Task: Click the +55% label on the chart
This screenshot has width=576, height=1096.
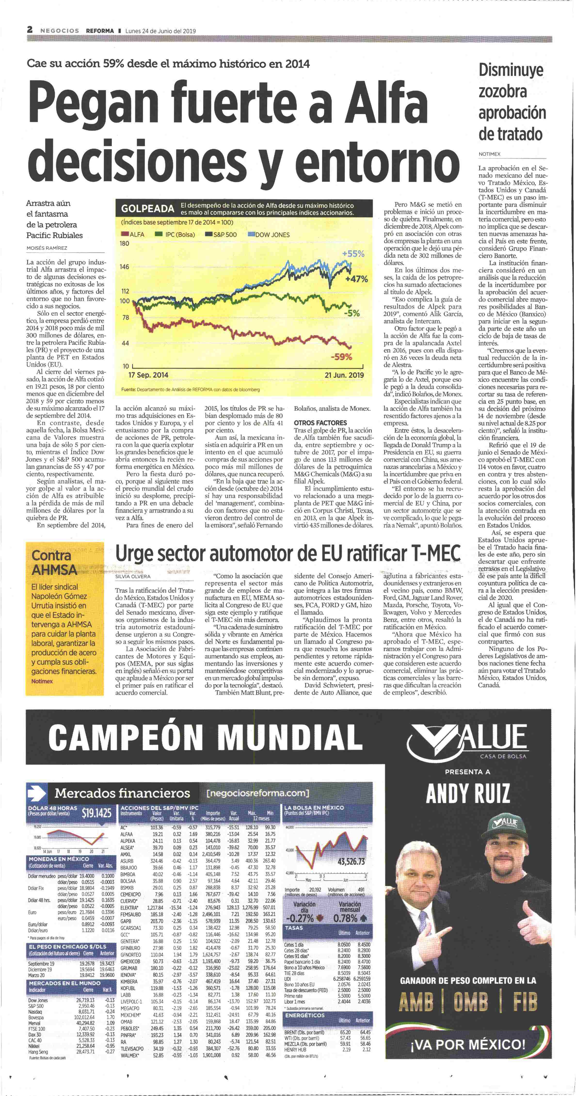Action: click(353, 254)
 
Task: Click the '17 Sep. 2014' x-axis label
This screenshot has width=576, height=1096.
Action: click(148, 375)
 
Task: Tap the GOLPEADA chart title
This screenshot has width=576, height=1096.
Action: click(147, 209)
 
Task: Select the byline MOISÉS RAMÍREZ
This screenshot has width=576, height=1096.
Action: click(47, 248)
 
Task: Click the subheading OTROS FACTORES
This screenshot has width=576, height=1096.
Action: click(320, 423)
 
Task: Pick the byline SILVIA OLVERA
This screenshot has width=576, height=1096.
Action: click(133, 577)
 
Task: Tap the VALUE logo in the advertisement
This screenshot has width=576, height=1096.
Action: click(469, 739)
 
